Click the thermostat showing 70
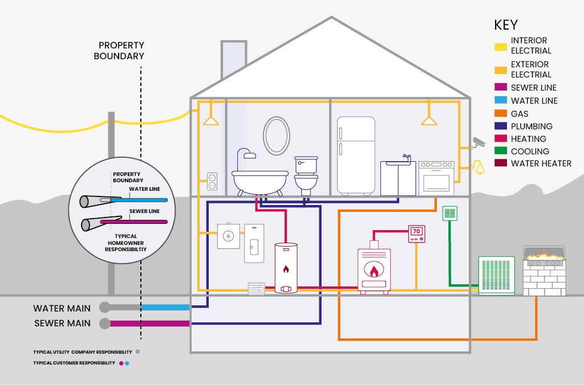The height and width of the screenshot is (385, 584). pos(416,234)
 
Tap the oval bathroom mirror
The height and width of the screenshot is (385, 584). pos(276,136)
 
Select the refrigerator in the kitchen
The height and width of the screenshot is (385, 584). pos(356,155)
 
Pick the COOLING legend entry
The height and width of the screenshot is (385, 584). pos(530,151)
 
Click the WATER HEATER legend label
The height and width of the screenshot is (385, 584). pos(541,163)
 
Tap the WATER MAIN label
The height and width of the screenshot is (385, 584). pos(62,308)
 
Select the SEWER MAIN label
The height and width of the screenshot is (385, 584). pos(62,323)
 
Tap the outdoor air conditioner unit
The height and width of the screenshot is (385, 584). pos(496,276)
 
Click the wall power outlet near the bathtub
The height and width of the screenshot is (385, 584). pos(212,182)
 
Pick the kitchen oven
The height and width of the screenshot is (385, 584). pos(436,178)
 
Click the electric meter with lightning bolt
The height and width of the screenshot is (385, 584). pos(229,236)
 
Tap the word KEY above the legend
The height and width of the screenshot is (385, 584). pos(506,25)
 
